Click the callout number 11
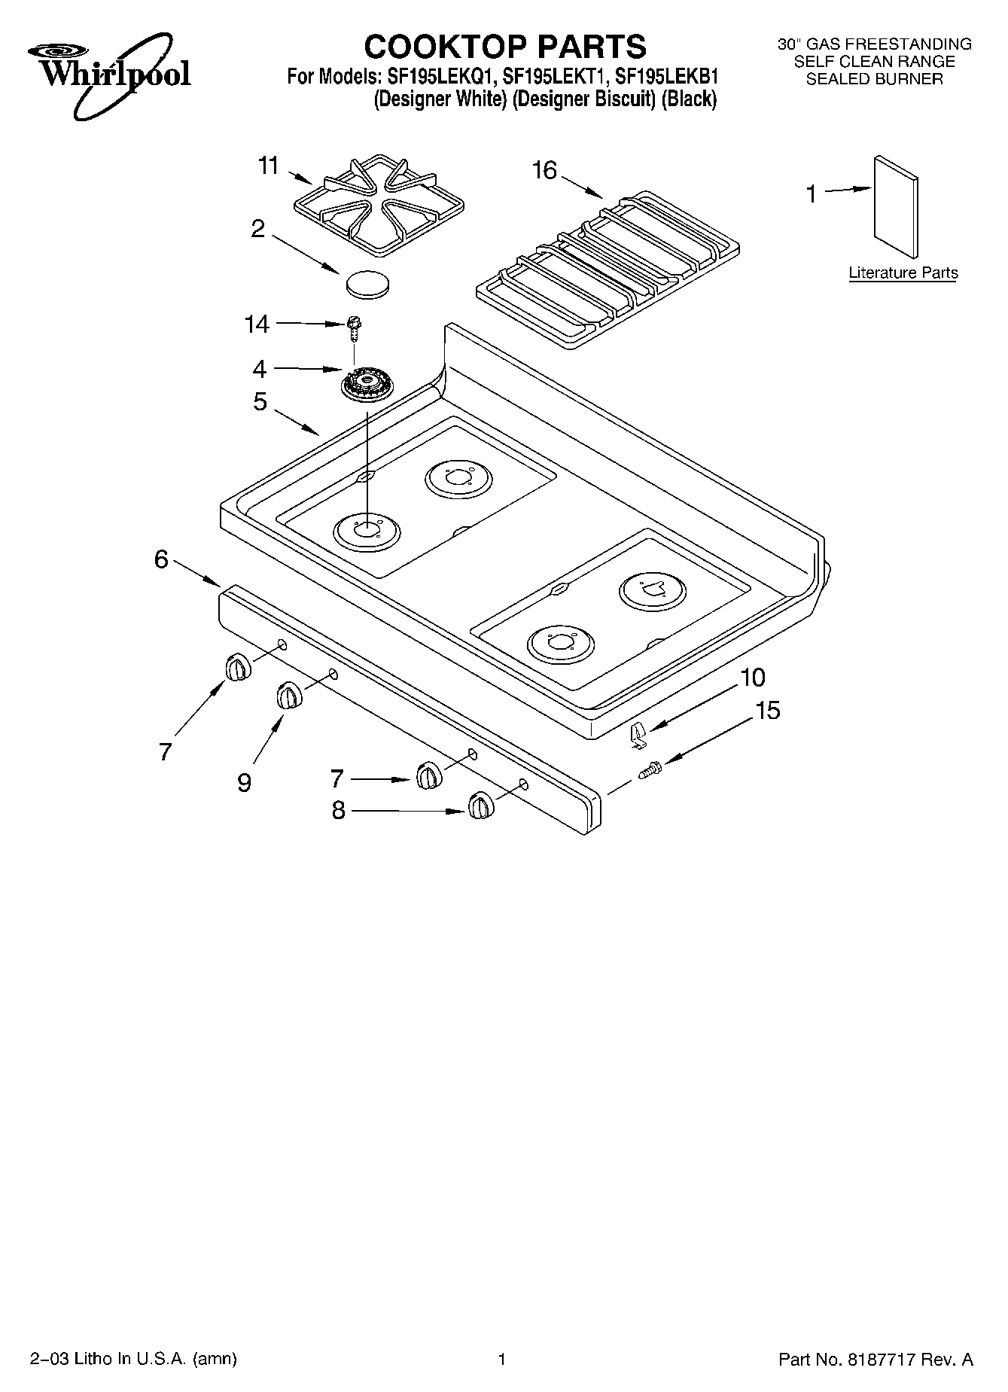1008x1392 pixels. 268,166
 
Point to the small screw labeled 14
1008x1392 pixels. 353,327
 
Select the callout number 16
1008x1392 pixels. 544,172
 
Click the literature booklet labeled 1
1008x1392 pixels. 896,208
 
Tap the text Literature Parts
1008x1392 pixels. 903,273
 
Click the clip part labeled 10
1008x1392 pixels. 638,733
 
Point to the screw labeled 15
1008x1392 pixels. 649,771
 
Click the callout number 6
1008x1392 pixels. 161,560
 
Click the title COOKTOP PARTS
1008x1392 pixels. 504,47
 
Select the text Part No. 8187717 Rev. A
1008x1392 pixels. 875,1360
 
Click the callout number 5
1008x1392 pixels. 260,402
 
